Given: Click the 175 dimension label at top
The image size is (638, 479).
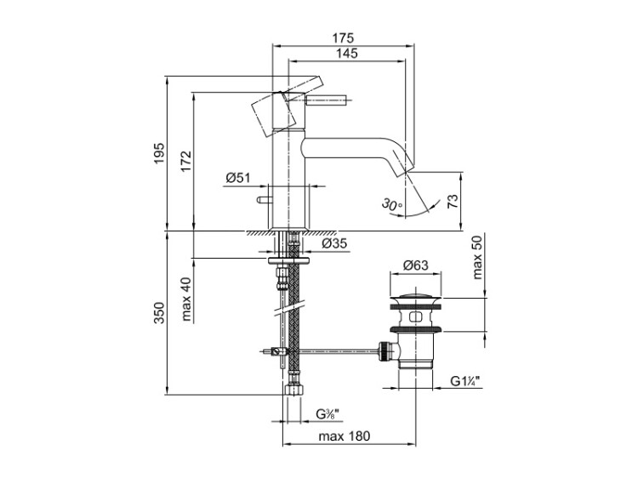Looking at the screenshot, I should tap(343, 38).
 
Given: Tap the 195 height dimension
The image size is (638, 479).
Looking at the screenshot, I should tap(159, 153).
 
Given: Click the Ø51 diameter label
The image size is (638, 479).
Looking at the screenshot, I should tap(237, 178).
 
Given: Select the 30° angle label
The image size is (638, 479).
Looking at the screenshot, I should tap(392, 204).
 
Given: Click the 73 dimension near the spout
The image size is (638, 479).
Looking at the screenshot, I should tap(453, 202).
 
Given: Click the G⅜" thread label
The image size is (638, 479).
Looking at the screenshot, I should tap(328, 414).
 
